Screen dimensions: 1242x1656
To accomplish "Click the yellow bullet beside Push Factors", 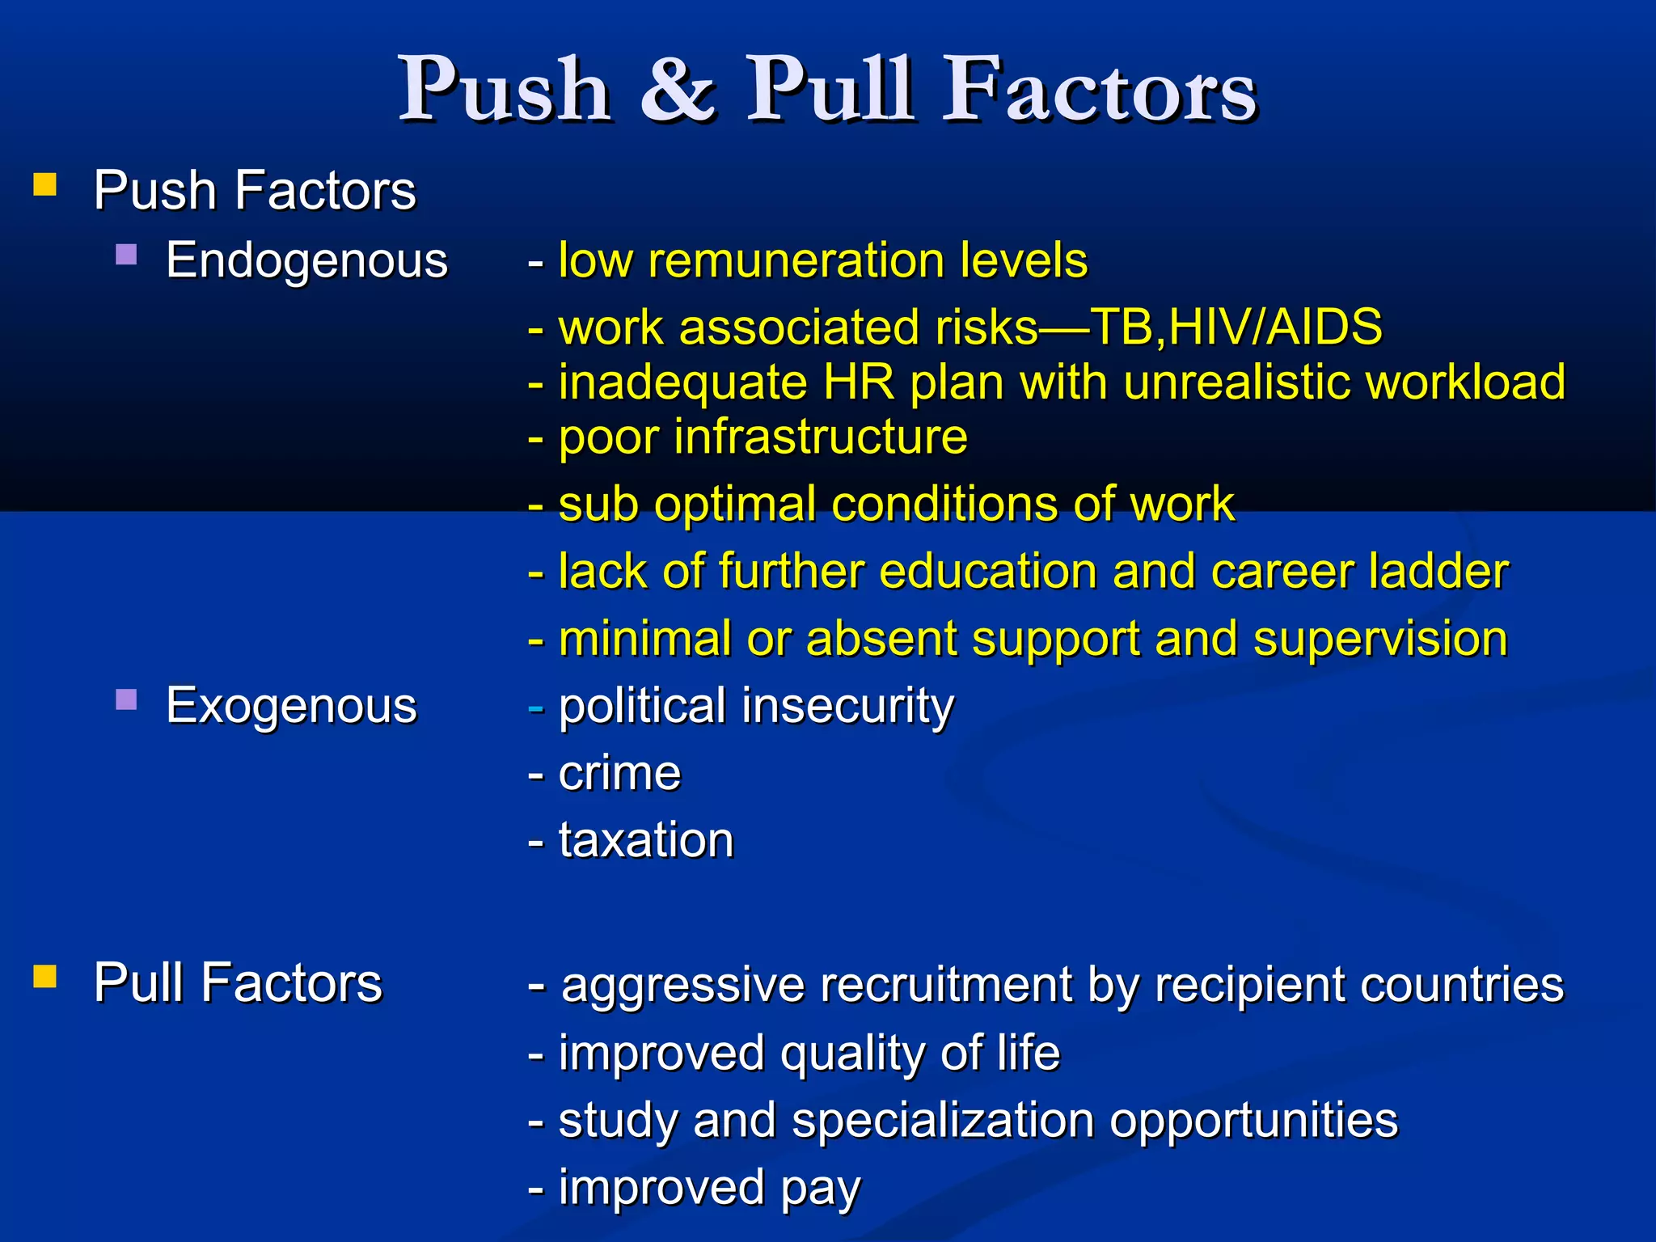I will coord(45,185).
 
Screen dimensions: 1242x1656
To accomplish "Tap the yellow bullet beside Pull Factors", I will coord(45,977).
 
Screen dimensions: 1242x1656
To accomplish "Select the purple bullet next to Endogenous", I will coord(126,256).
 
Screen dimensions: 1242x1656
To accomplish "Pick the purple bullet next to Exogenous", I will coord(126,699).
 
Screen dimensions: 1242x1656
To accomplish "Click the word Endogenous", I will coord(306,261).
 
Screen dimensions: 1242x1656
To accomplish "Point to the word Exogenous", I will coord(291,706).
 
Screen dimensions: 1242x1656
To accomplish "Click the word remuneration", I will coord(796,260).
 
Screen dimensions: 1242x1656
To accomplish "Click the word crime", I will coord(619,773).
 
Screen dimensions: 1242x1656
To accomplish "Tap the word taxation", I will coord(646,840).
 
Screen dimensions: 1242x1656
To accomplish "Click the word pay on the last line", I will coord(821,1189).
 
